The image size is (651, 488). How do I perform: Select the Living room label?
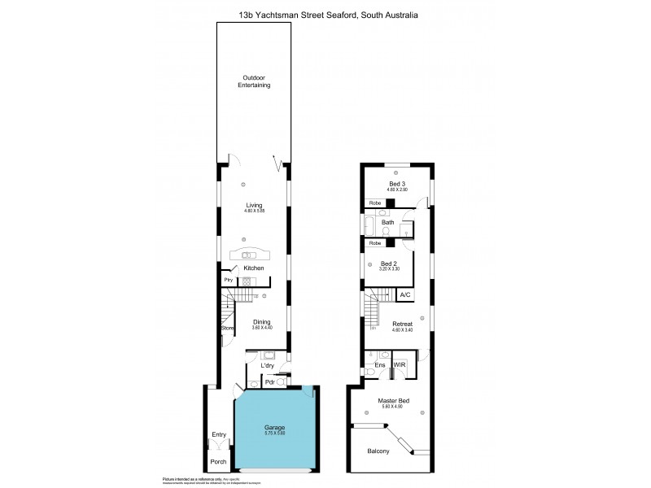point(255,206)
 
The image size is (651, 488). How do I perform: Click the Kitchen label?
point(255,268)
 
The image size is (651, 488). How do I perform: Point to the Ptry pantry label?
point(229,281)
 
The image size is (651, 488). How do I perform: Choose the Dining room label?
point(260,322)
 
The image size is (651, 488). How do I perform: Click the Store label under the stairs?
point(229,328)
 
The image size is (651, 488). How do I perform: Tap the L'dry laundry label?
point(268,366)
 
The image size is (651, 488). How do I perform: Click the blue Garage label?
point(274,427)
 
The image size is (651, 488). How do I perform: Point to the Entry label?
point(219,434)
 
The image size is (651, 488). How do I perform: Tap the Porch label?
point(218,461)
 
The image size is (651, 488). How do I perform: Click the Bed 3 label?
point(397,185)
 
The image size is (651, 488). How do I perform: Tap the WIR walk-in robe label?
point(400,364)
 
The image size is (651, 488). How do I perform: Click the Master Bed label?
point(392,401)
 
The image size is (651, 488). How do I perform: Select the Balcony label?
point(379,451)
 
